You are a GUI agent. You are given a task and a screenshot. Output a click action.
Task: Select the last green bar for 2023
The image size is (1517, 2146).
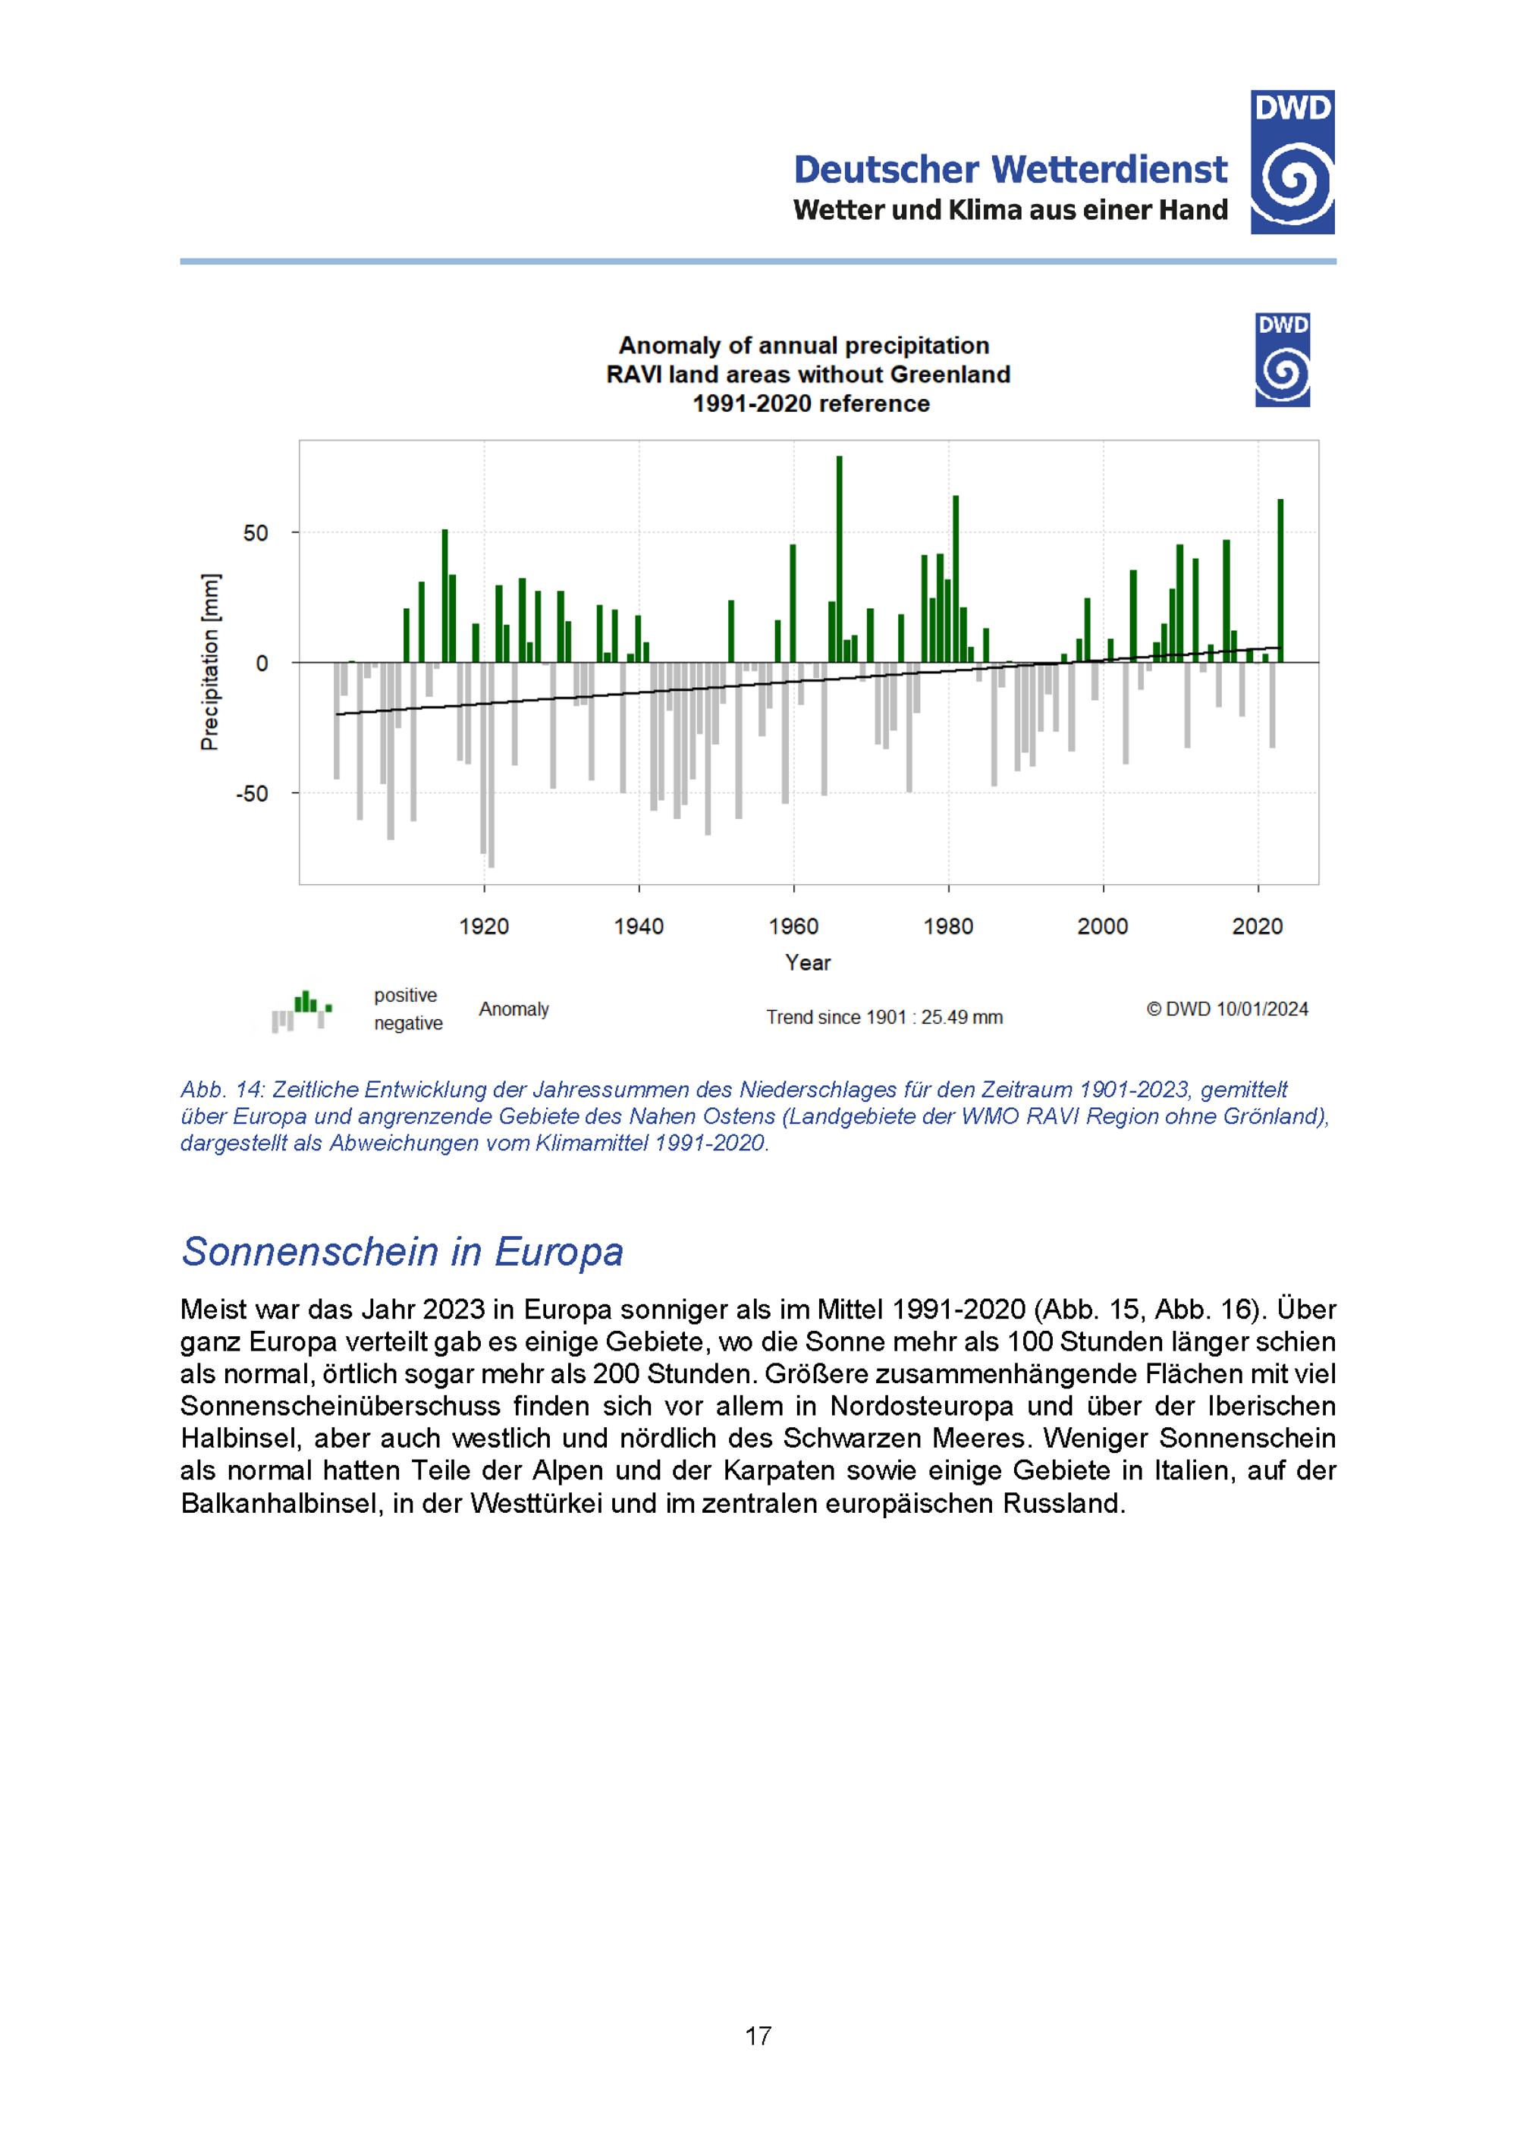(1280, 580)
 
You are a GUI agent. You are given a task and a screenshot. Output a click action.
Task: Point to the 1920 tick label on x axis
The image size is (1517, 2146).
(484, 926)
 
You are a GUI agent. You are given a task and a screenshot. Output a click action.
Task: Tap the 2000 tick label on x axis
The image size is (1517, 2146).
(1103, 926)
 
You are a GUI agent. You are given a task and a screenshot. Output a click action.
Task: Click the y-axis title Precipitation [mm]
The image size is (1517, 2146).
(210, 662)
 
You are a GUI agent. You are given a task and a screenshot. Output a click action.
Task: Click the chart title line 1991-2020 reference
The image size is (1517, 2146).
(810, 403)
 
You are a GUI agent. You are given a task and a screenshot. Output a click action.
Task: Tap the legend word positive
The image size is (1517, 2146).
(406, 996)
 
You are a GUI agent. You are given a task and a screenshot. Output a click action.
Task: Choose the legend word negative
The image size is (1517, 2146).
(409, 1024)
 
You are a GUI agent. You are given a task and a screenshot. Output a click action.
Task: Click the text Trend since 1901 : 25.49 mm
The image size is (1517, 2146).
(884, 1017)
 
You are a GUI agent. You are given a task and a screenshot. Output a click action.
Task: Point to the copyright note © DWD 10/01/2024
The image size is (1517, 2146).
(1227, 1009)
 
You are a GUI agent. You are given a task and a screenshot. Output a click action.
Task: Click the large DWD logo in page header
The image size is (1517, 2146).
(1292, 162)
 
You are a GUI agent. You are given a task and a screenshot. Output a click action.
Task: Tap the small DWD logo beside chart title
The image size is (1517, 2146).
(1283, 360)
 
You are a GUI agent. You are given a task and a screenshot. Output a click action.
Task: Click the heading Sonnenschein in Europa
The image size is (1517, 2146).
(402, 1251)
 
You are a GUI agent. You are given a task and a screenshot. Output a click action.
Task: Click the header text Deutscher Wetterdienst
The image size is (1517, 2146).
(1010, 170)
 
